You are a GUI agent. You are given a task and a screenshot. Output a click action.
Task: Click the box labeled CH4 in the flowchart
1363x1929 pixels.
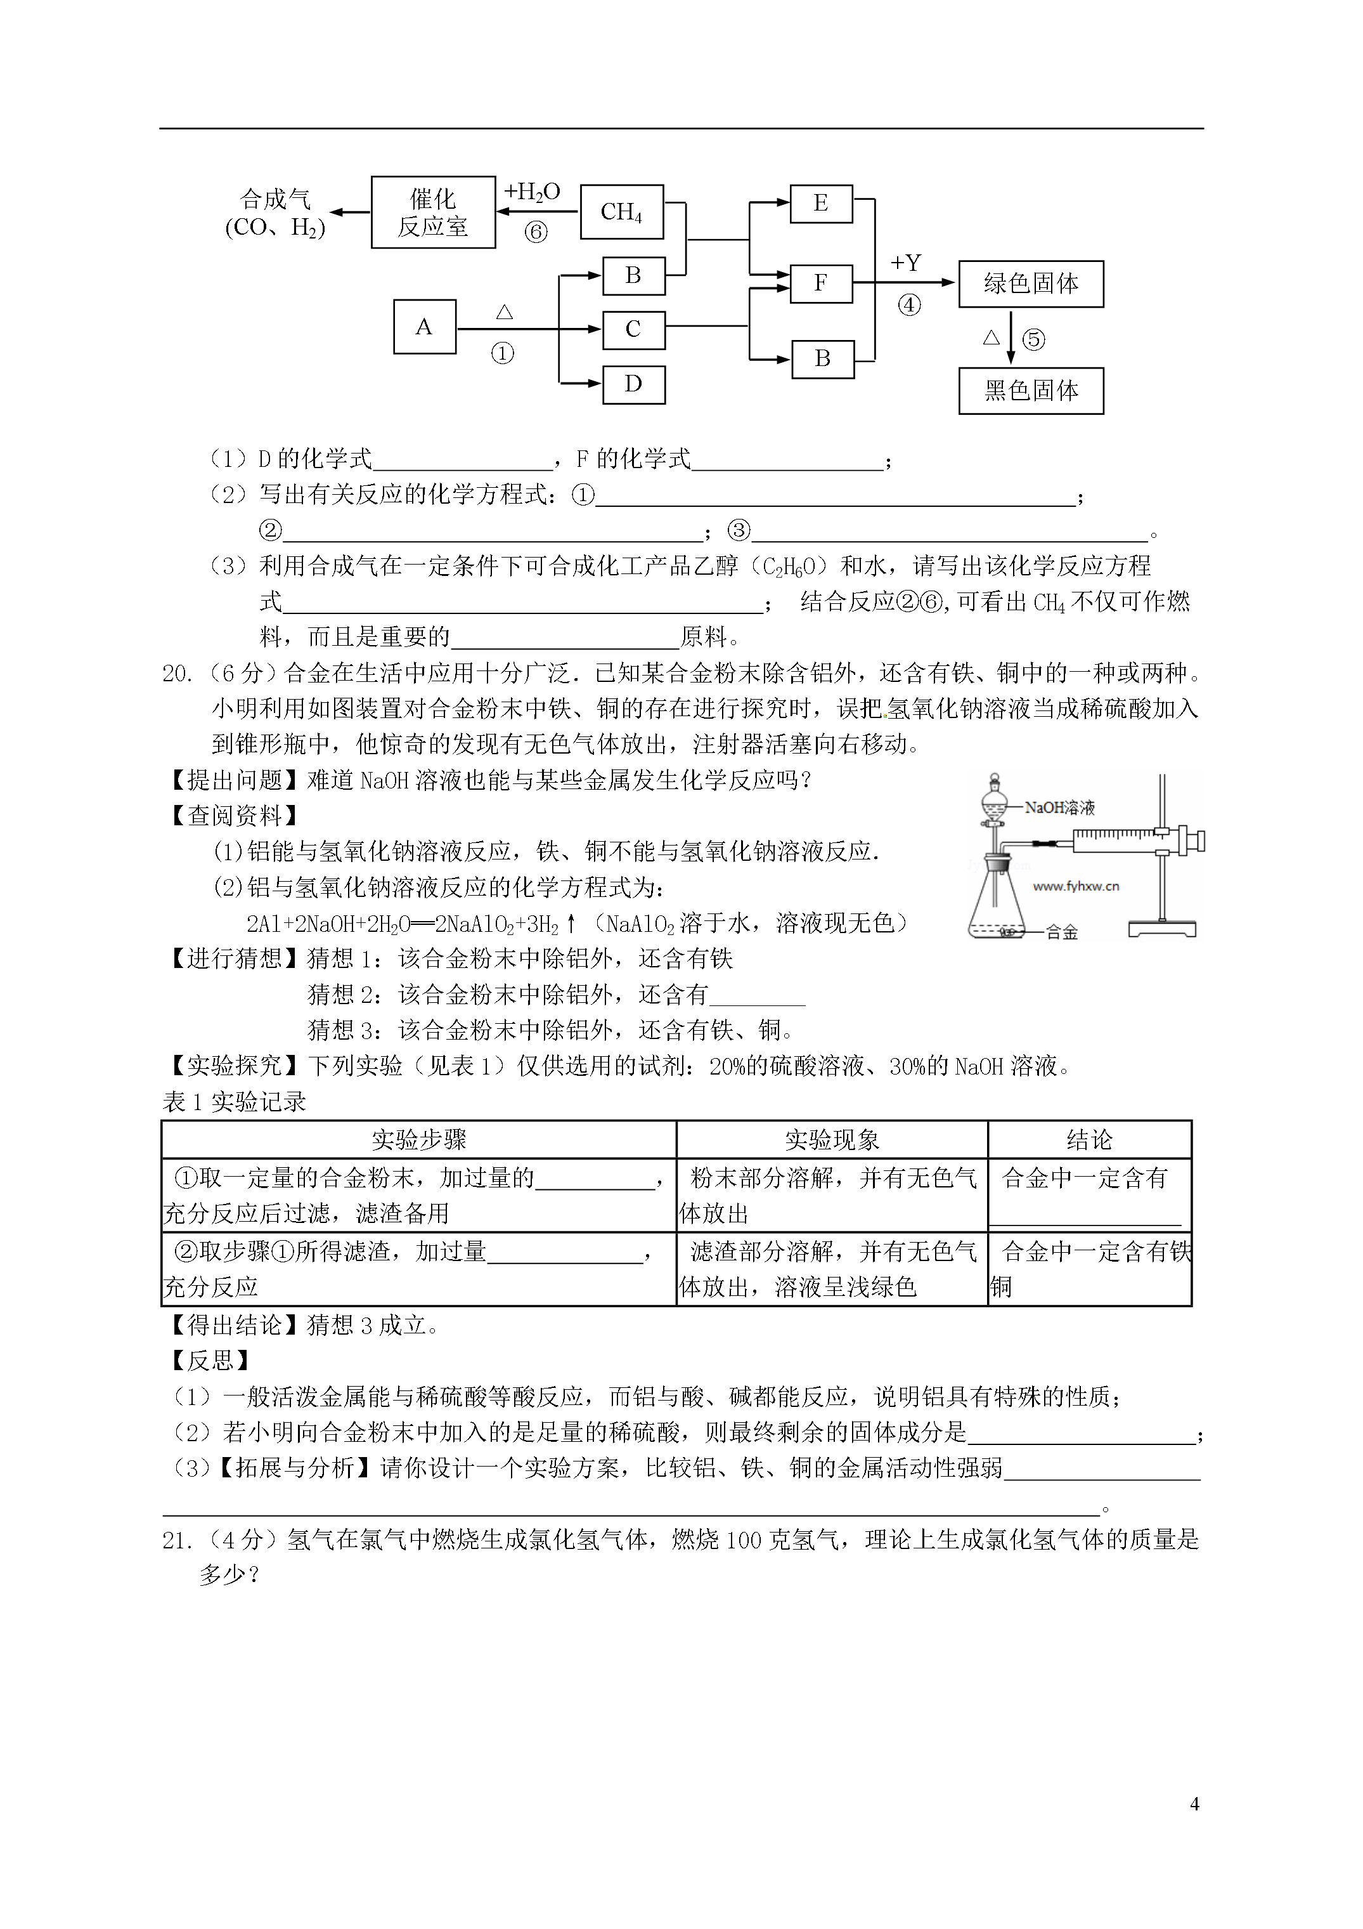click(621, 212)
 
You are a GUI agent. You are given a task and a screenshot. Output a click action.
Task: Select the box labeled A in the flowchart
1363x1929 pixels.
click(424, 327)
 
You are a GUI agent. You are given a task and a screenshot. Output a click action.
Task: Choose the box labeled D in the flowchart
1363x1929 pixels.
click(633, 385)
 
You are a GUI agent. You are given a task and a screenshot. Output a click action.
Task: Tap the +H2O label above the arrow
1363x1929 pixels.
click(532, 192)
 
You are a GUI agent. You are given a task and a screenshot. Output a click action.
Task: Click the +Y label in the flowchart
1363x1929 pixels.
click(906, 263)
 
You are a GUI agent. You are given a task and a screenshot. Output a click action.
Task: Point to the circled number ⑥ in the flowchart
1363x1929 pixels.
click(536, 232)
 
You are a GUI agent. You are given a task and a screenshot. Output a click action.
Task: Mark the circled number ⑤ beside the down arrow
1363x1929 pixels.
click(1034, 339)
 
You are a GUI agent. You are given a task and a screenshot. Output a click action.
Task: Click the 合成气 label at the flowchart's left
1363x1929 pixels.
click(276, 199)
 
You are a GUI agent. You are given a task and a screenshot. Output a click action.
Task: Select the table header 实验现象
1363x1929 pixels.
click(831, 1139)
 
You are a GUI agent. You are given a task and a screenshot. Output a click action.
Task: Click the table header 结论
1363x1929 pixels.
click(1089, 1139)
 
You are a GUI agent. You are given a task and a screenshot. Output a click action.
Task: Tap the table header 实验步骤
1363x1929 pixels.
click(418, 1139)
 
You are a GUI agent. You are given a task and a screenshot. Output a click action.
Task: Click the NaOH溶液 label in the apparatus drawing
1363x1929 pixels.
click(1060, 808)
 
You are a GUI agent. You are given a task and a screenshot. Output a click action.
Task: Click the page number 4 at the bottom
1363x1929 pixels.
click(1194, 1803)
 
